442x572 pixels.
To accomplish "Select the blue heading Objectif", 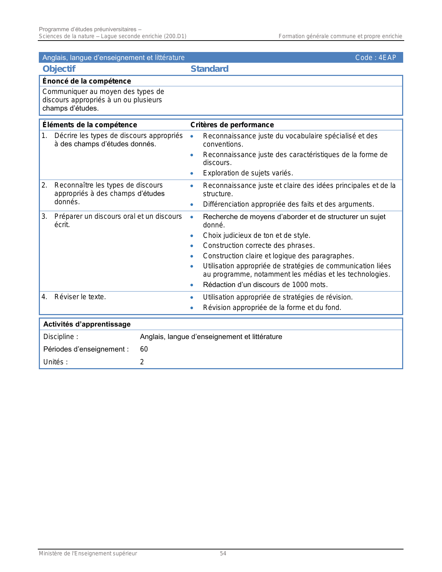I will pos(59,69).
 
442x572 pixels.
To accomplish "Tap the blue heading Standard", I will pos(209,69).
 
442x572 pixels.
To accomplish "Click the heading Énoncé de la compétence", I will pos(87,81).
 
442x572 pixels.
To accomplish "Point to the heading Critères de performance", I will pos(232,125).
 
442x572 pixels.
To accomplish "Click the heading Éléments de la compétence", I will pos(90,125).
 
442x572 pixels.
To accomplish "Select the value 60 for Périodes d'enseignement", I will pos(144,349).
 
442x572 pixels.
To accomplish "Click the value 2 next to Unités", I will pos(142,362).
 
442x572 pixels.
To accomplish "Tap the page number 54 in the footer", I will pos(223,554).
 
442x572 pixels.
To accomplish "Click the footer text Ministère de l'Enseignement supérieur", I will pos(88,554).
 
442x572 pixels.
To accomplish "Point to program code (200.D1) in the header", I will pos(175,36).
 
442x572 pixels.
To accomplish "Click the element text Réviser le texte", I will pos(80,297).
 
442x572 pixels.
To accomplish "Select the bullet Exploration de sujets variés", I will pos(248,173).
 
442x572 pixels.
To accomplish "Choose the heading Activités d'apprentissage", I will pos(87,324).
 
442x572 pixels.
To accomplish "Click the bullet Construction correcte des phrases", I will pos(259,245).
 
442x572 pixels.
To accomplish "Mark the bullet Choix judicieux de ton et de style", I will pos(257,235).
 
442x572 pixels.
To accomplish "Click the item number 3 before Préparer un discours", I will pos(44,216).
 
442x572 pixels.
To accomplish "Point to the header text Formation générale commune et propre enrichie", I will pos(340,36).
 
